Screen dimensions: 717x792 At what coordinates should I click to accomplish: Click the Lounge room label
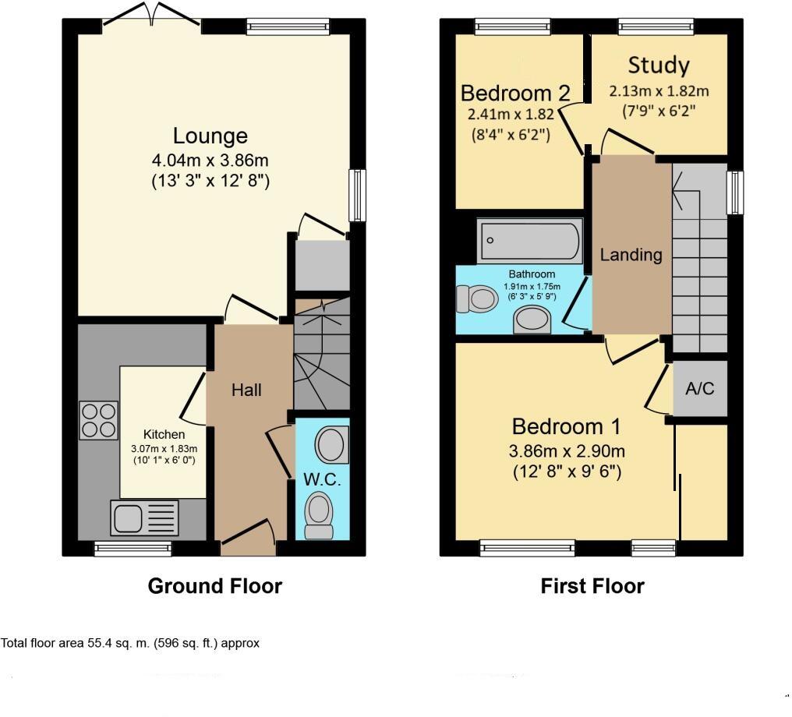click(x=210, y=136)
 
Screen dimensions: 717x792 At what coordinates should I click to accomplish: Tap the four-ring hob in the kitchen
click(x=99, y=420)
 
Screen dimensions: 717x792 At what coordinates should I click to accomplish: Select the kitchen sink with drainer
click(x=145, y=517)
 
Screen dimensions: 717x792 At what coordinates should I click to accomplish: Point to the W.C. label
click(x=322, y=479)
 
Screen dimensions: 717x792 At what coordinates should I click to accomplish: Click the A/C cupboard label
click(x=699, y=388)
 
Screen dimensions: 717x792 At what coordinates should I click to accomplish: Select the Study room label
click(x=659, y=64)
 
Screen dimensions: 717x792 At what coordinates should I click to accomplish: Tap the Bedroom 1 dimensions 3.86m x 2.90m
click(x=567, y=451)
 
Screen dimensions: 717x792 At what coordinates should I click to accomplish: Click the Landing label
click(x=631, y=254)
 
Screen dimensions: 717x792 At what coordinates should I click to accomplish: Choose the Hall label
click(x=246, y=390)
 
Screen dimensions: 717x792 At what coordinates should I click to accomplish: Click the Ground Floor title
click(x=214, y=586)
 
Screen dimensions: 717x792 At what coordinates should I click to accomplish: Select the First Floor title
click(x=592, y=586)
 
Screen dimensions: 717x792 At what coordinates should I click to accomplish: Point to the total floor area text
click(x=130, y=644)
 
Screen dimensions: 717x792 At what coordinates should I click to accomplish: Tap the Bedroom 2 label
click(x=515, y=94)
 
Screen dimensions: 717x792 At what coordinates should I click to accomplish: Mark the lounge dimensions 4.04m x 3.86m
click(x=210, y=161)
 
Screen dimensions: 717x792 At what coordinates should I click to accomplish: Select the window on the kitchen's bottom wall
click(x=133, y=549)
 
